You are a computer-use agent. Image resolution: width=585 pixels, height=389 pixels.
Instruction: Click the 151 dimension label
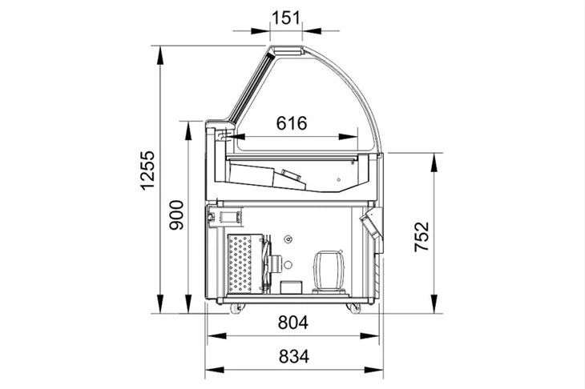point(286,18)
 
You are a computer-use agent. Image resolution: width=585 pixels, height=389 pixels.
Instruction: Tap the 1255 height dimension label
point(147,170)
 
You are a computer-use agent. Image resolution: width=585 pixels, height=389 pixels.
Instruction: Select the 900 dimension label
point(176,215)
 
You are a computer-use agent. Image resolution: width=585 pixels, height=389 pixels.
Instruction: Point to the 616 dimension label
point(292,123)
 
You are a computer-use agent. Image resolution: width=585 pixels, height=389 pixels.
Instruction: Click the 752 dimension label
point(422,237)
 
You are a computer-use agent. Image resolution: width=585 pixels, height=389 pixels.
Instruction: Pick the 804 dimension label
point(293,323)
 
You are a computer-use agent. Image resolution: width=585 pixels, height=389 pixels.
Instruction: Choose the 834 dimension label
point(294,357)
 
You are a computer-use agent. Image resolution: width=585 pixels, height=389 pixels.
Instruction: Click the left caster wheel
point(236,308)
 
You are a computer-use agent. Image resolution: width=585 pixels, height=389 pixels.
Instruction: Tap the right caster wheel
point(353,308)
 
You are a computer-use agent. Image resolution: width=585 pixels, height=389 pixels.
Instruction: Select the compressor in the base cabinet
point(329,271)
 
